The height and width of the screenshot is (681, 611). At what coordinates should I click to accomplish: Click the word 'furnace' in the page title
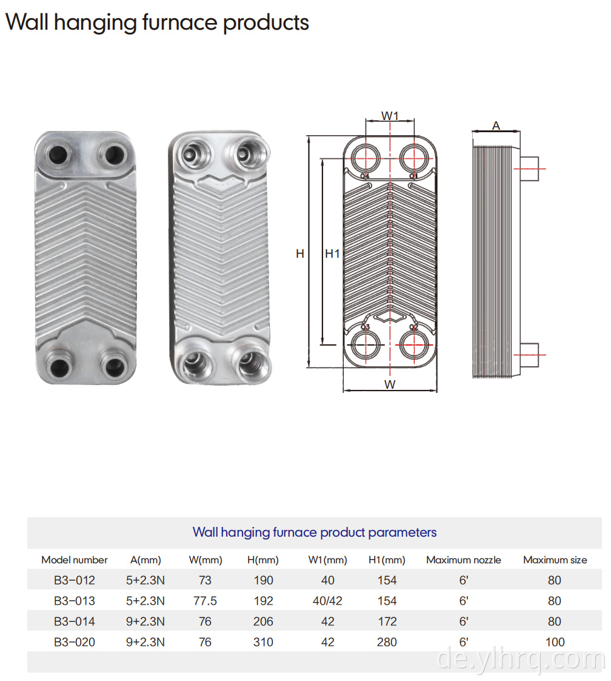coord(180,22)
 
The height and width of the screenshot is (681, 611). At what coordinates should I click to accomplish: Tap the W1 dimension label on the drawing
coord(390,116)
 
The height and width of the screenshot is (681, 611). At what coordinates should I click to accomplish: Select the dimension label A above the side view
coord(496,126)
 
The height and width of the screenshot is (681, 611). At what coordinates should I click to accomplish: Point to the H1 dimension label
coord(332,253)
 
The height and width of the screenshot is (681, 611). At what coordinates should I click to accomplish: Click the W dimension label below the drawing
coord(390,384)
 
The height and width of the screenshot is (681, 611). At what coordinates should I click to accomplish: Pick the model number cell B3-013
coord(74,601)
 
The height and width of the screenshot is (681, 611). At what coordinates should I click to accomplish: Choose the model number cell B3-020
coord(74,642)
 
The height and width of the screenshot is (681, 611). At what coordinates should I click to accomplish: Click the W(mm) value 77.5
coord(205,601)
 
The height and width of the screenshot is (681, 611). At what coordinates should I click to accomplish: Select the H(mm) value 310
coord(263,642)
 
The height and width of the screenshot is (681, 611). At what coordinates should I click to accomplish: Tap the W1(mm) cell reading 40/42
coord(328,601)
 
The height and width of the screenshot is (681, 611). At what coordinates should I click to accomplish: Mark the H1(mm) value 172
coord(387,622)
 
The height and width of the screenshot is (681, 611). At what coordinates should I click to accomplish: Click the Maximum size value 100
coord(555,642)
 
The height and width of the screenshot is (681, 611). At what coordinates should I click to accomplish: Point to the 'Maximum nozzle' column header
coord(464,560)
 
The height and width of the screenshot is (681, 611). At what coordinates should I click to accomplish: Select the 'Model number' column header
coord(74,560)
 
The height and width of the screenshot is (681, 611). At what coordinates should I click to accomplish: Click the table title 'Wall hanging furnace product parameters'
coord(314,532)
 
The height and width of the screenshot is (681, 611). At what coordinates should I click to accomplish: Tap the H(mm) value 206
coord(263,622)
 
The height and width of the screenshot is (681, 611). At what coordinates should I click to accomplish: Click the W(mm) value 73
coord(205,580)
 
